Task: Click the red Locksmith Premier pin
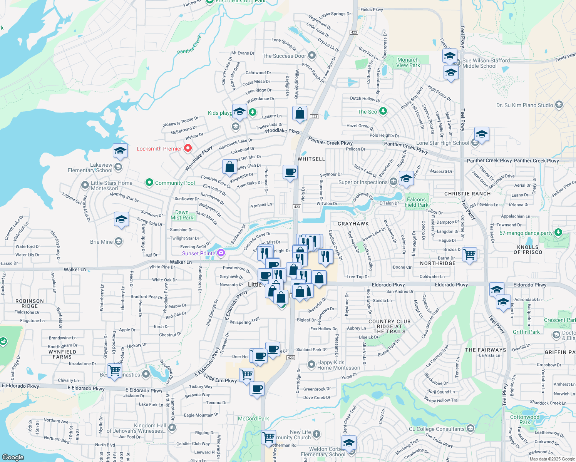pos(188,148)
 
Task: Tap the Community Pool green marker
pos(149,182)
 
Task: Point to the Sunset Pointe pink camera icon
pos(221,253)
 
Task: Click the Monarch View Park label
pos(408,62)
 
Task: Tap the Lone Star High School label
pos(442,143)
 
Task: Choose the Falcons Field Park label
pos(416,202)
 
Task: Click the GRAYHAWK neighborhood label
pos(353,224)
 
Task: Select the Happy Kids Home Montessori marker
pos(311,364)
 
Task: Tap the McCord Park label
pos(253,418)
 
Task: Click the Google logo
pos(13,457)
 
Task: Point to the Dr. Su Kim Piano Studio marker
pos(559,105)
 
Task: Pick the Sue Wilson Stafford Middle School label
pos(486,63)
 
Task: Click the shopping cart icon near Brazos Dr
pos(469,254)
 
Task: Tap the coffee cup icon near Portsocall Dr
pos(290,172)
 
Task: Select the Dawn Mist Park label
pos(182,215)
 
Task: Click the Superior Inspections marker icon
pos(393,181)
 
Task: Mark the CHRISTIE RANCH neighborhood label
pos(467,194)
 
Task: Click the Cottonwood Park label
pos(524,420)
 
